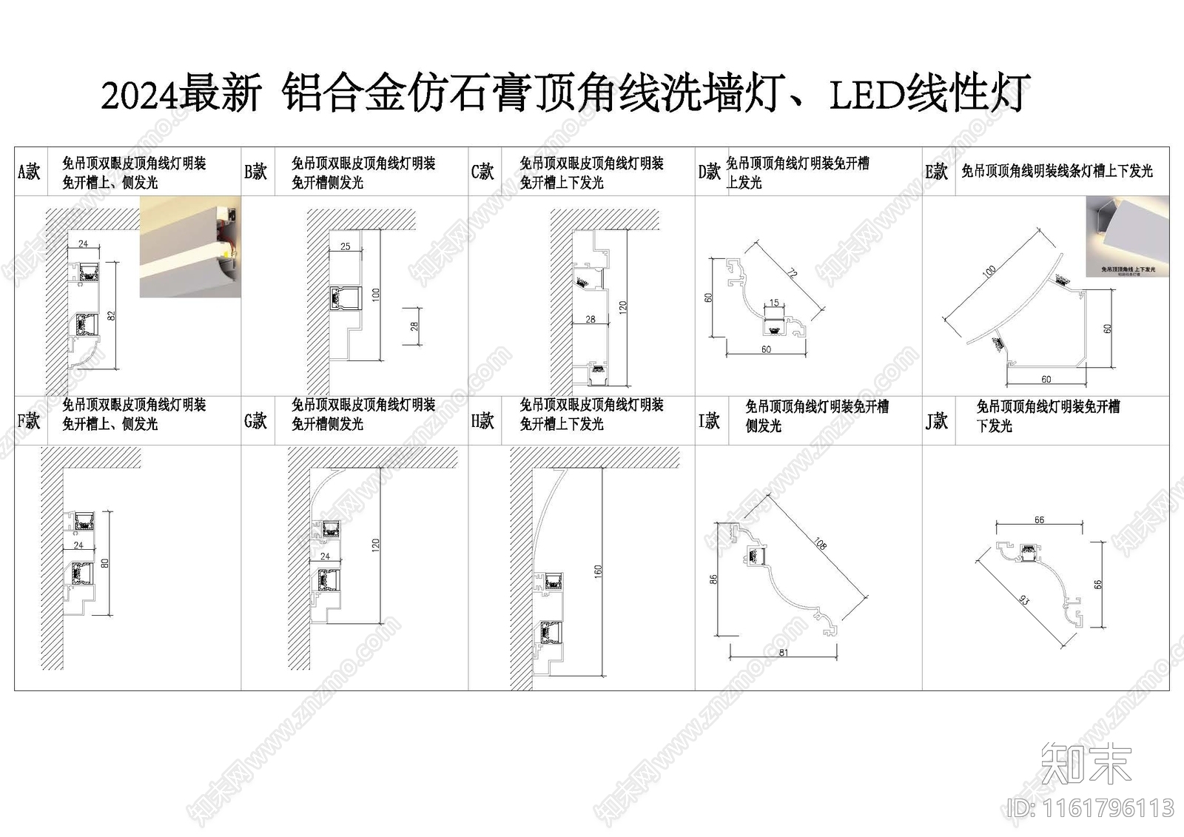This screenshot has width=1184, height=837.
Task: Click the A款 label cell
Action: (x=30, y=172)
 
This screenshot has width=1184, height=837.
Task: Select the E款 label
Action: (x=937, y=172)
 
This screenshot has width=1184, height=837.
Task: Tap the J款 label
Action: (x=937, y=421)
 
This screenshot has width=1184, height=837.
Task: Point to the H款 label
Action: (x=482, y=420)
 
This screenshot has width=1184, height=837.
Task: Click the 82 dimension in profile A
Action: (x=112, y=315)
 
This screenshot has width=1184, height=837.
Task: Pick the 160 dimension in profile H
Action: (x=598, y=571)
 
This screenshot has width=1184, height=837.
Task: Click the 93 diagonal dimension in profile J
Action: (x=1024, y=601)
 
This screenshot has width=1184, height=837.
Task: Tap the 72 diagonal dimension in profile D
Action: (x=792, y=274)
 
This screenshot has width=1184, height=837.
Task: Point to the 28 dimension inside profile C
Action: (x=590, y=320)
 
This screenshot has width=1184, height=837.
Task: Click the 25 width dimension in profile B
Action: (x=346, y=246)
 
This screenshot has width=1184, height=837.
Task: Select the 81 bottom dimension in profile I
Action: (x=784, y=653)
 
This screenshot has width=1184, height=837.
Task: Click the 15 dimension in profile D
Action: (x=774, y=303)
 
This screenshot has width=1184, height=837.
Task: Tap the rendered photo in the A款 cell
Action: (x=190, y=247)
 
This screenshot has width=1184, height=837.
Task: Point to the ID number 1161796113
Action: (x=1091, y=807)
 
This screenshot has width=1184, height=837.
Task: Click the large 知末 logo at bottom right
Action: (x=1086, y=763)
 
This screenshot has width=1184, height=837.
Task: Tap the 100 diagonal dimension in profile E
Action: (x=989, y=272)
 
